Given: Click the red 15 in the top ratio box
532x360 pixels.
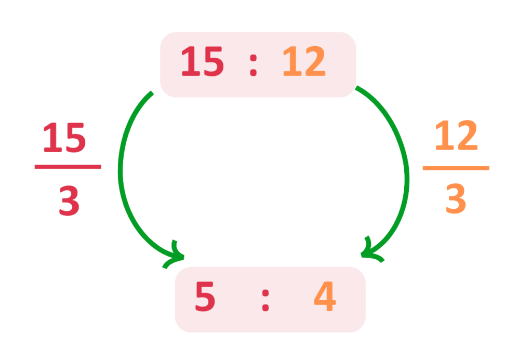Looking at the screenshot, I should click(x=202, y=62).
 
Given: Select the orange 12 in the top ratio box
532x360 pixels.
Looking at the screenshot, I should click(x=304, y=62).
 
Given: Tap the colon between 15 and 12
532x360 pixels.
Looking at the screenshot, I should click(x=253, y=63).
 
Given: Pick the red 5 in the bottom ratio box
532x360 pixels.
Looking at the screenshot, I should click(x=205, y=298).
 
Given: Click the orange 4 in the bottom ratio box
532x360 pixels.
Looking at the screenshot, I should click(x=325, y=298).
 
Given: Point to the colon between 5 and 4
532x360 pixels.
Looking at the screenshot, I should click(x=265, y=299).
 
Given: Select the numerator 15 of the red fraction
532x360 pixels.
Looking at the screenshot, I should click(x=64, y=139).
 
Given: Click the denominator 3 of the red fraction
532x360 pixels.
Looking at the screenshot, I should click(x=69, y=202).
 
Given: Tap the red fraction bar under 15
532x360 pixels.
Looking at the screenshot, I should click(x=68, y=167).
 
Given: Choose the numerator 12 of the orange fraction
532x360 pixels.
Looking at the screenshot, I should click(x=456, y=136).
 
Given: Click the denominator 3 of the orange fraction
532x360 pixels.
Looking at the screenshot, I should click(x=456, y=199).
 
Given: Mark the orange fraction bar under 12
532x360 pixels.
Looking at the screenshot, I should click(x=456, y=168).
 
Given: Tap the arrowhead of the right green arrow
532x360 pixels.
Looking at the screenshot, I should click(x=368, y=253).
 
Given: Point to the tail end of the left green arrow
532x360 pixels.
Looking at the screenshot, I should click(x=151, y=94).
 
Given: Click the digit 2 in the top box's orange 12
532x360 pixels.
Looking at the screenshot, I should click(x=315, y=62).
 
